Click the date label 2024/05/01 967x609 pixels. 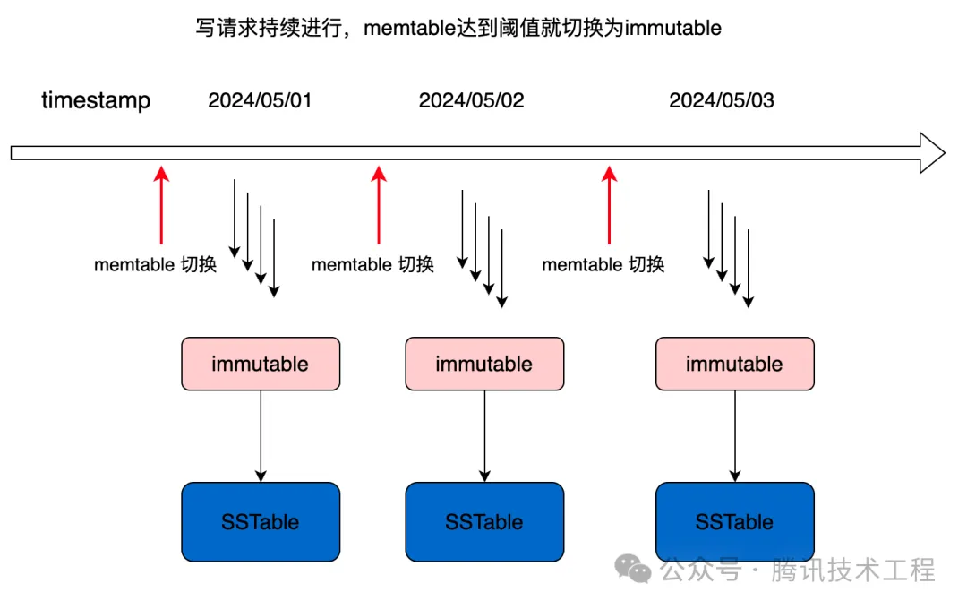[x=260, y=99]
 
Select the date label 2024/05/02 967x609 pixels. [x=471, y=99]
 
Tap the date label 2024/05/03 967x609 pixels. [x=721, y=99]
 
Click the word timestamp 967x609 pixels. [x=96, y=99]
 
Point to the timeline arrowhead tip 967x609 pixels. [x=943, y=152]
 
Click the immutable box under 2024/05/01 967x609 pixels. [x=261, y=364]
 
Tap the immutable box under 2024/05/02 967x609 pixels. [x=484, y=364]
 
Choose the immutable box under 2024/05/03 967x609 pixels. [x=734, y=364]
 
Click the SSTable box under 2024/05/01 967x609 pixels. [x=261, y=521]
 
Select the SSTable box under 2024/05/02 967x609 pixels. [x=484, y=521]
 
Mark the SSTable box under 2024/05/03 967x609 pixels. [x=734, y=521]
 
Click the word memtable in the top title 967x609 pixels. [x=404, y=28]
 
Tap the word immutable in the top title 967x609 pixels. [x=672, y=28]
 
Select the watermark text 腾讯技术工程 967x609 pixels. [x=853, y=569]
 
